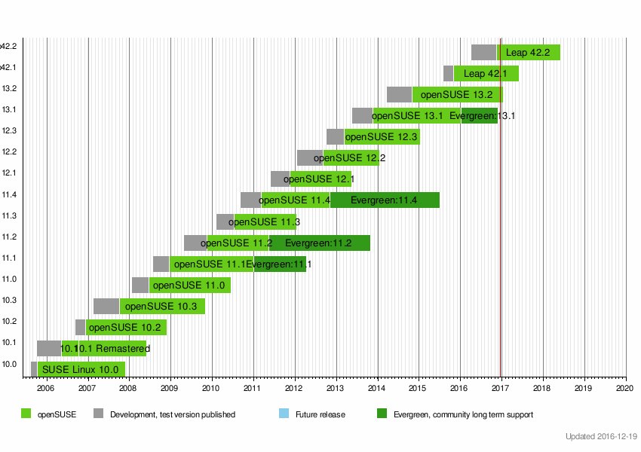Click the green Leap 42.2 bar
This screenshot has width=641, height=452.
pyautogui.click(x=528, y=53)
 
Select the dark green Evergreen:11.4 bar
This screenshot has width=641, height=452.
pyautogui.click(x=385, y=200)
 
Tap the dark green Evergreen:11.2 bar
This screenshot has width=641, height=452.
pyautogui.click(x=320, y=243)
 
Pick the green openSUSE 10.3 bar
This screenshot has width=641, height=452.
pyautogui.click(x=161, y=306)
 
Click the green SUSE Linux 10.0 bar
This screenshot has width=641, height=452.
pyautogui.click(x=81, y=369)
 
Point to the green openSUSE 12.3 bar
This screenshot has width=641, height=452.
pyautogui.click(x=382, y=137)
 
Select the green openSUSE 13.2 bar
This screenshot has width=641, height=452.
pyautogui.click(x=457, y=95)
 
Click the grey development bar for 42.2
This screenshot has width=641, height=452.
pyautogui.click(x=483, y=53)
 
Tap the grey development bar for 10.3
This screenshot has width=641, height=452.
pyautogui.click(x=106, y=306)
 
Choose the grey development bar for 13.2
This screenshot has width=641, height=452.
pyautogui.click(x=399, y=95)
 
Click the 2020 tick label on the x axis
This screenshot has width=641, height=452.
pyautogui.click(x=625, y=388)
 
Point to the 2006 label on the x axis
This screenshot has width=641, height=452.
pyautogui.click(x=45, y=388)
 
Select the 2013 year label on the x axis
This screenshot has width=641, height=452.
pyautogui.click(x=336, y=388)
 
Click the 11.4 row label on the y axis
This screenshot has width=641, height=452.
pyautogui.click(x=9, y=194)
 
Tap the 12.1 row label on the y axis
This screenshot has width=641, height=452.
pyautogui.click(x=9, y=173)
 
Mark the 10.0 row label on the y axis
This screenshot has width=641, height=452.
pyautogui.click(x=9, y=364)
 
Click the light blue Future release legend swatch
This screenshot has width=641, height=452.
pyautogui.click(x=284, y=414)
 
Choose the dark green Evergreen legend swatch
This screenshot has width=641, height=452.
pyautogui.click(x=382, y=414)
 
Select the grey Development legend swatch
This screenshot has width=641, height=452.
pyautogui.click(x=98, y=414)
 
